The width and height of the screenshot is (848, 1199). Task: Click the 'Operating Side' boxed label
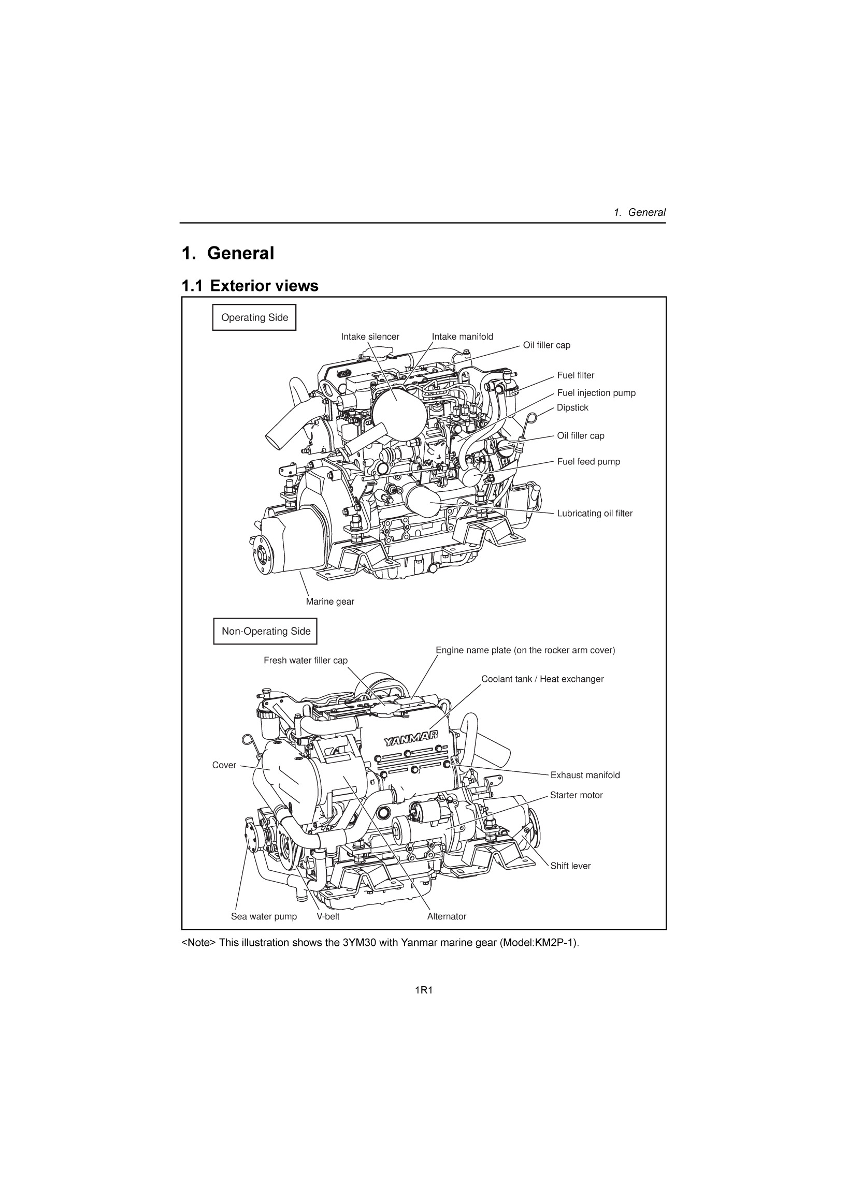[254, 317]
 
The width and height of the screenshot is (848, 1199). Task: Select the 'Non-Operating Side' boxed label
[265, 632]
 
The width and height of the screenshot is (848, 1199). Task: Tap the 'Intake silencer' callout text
[370, 337]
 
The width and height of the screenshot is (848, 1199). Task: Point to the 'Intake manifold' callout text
[462, 337]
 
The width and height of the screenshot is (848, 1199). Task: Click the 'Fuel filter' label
[575, 375]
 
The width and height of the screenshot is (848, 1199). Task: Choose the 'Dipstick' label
[572, 408]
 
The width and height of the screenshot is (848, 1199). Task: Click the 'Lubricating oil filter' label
[594, 514]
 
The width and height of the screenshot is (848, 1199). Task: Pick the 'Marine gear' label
[329, 602]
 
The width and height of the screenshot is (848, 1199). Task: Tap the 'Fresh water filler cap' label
[305, 661]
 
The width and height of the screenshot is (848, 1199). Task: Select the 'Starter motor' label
[576, 795]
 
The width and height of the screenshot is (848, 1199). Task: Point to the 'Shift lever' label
[570, 866]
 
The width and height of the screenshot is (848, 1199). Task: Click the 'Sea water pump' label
[263, 916]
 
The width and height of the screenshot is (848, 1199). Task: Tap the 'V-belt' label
[327, 916]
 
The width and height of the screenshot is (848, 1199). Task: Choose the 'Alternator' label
[446, 916]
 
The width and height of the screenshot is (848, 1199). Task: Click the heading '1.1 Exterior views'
[250, 286]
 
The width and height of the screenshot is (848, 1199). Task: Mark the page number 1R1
[424, 991]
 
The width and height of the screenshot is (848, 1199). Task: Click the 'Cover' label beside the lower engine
[224, 766]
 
